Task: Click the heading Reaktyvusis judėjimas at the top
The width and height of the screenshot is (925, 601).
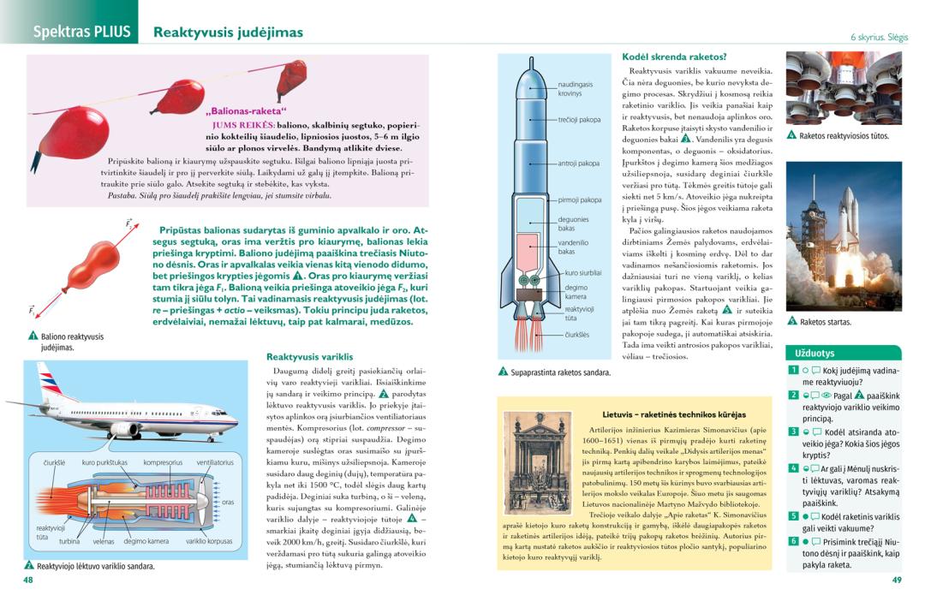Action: pyautogui.click(x=228, y=33)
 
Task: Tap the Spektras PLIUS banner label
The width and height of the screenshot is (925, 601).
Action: pyautogui.click(x=81, y=33)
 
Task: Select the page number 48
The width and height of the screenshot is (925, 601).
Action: pyautogui.click(x=28, y=580)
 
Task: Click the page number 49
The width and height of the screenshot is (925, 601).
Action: pyautogui.click(x=897, y=580)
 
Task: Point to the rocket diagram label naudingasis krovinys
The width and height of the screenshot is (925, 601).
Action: pyautogui.click(x=576, y=88)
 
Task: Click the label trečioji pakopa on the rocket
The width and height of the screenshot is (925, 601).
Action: pyautogui.click(x=579, y=120)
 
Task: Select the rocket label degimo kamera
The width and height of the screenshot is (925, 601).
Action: pyautogui.click(x=576, y=292)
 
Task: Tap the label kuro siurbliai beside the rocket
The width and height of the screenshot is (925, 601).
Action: pyautogui.click(x=582, y=272)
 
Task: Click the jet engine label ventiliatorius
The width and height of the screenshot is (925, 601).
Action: pyautogui.click(x=214, y=462)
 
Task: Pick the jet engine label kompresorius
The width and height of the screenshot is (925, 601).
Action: pyautogui.click(x=162, y=462)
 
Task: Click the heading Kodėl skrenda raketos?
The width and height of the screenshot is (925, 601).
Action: pyautogui.click(x=674, y=57)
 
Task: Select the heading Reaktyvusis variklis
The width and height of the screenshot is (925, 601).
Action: pyautogui.click(x=309, y=356)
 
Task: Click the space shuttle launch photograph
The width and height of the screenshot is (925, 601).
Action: pyautogui.click(x=844, y=236)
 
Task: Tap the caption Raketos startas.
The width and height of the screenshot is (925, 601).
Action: pyautogui.click(x=825, y=323)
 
